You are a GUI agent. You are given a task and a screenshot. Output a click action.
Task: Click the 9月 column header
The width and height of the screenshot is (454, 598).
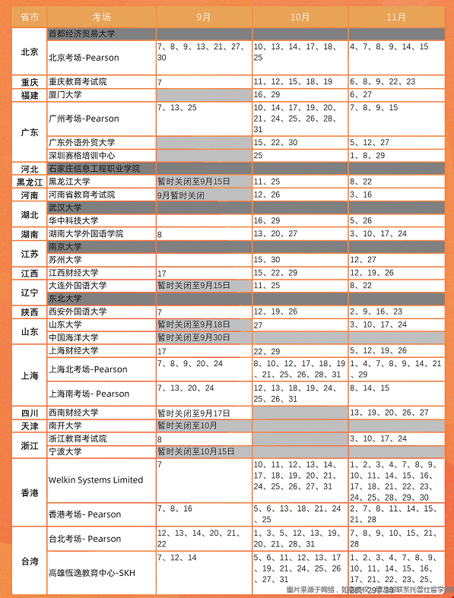point(203,16)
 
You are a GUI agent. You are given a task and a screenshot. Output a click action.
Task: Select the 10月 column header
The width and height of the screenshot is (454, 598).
point(300,16)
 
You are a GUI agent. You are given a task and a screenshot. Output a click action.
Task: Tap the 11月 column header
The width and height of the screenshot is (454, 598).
point(395,16)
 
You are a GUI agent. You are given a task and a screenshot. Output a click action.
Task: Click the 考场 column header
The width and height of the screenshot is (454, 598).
point(101,16)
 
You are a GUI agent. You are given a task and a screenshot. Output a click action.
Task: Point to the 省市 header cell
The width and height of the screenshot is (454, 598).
point(30,16)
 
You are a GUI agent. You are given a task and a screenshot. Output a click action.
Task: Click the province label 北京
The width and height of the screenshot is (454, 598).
point(30,52)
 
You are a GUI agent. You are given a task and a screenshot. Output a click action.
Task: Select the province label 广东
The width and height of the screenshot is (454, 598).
point(30,131)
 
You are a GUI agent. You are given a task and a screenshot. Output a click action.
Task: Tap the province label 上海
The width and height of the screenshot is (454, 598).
point(30,375)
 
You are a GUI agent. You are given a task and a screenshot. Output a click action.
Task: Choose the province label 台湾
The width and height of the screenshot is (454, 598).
point(30,562)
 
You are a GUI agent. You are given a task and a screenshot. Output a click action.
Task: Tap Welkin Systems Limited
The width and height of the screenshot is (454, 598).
point(95,479)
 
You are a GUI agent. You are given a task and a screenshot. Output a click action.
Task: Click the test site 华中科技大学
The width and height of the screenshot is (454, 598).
point(73,220)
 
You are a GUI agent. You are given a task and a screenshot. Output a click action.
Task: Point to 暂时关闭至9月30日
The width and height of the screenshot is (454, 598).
point(193,337)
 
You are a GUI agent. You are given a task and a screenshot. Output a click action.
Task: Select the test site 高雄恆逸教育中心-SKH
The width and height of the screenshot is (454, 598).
point(95,574)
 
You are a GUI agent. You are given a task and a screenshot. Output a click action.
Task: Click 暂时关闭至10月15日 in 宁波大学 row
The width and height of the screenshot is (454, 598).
point(195,451)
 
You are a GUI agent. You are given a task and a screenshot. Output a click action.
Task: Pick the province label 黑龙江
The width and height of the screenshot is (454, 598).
point(30,182)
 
